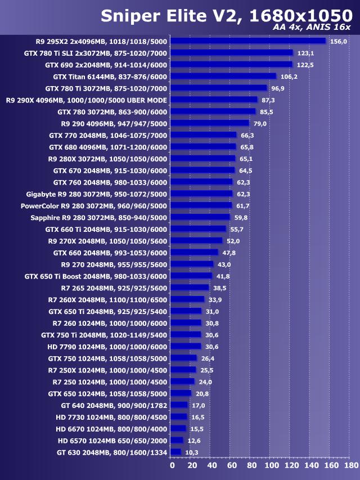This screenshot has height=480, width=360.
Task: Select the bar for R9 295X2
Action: pos(248,41)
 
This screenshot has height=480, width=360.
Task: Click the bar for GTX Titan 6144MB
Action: pos(223,76)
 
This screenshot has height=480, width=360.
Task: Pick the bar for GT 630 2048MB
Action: pos(175,452)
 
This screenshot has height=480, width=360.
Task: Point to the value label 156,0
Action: pos(339,41)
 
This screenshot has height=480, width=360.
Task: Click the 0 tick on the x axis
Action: pos(172,466)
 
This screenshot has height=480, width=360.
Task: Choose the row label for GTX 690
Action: pos(106,65)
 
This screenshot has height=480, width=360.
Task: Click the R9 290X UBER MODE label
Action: pos(87,100)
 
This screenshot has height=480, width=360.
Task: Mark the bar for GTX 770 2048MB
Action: pos(204,135)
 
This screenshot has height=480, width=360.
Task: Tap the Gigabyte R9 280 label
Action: pos(97,194)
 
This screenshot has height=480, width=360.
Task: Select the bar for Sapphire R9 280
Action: pos(200,217)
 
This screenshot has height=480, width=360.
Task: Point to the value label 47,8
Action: pos(228,253)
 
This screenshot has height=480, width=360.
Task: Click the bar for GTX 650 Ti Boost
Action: pos(191,276)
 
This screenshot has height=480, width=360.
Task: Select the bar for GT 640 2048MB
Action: pos(179,405)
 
